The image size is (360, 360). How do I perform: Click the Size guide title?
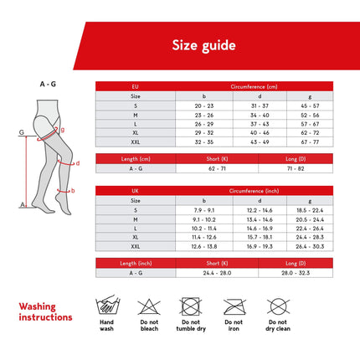(203, 45)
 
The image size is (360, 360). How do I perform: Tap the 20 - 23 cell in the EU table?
(204, 105)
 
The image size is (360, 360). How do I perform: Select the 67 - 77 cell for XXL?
(310, 142)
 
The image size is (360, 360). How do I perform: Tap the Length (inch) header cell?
(136, 263)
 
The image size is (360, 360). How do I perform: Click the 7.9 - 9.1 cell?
(204, 210)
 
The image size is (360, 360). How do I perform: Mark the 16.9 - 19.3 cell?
(257, 247)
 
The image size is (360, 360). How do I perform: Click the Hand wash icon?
(106, 307)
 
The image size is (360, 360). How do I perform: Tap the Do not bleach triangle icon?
(148, 307)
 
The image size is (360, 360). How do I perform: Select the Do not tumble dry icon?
(190, 307)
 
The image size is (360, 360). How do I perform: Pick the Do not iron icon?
(233, 307)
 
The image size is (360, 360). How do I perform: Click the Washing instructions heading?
(45, 312)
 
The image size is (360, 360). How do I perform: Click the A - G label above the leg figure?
(48, 84)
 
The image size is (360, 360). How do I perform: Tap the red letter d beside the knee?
(77, 163)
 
